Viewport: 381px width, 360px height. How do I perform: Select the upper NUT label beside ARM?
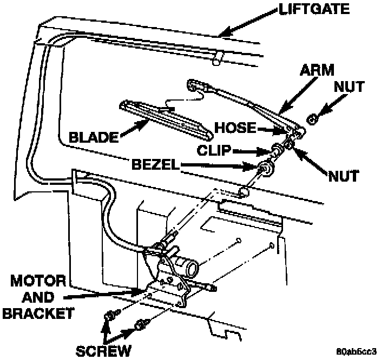coord(350,86)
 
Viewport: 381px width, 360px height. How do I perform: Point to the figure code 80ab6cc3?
coord(356,351)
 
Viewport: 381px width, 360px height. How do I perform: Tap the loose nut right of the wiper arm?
coord(311,118)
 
